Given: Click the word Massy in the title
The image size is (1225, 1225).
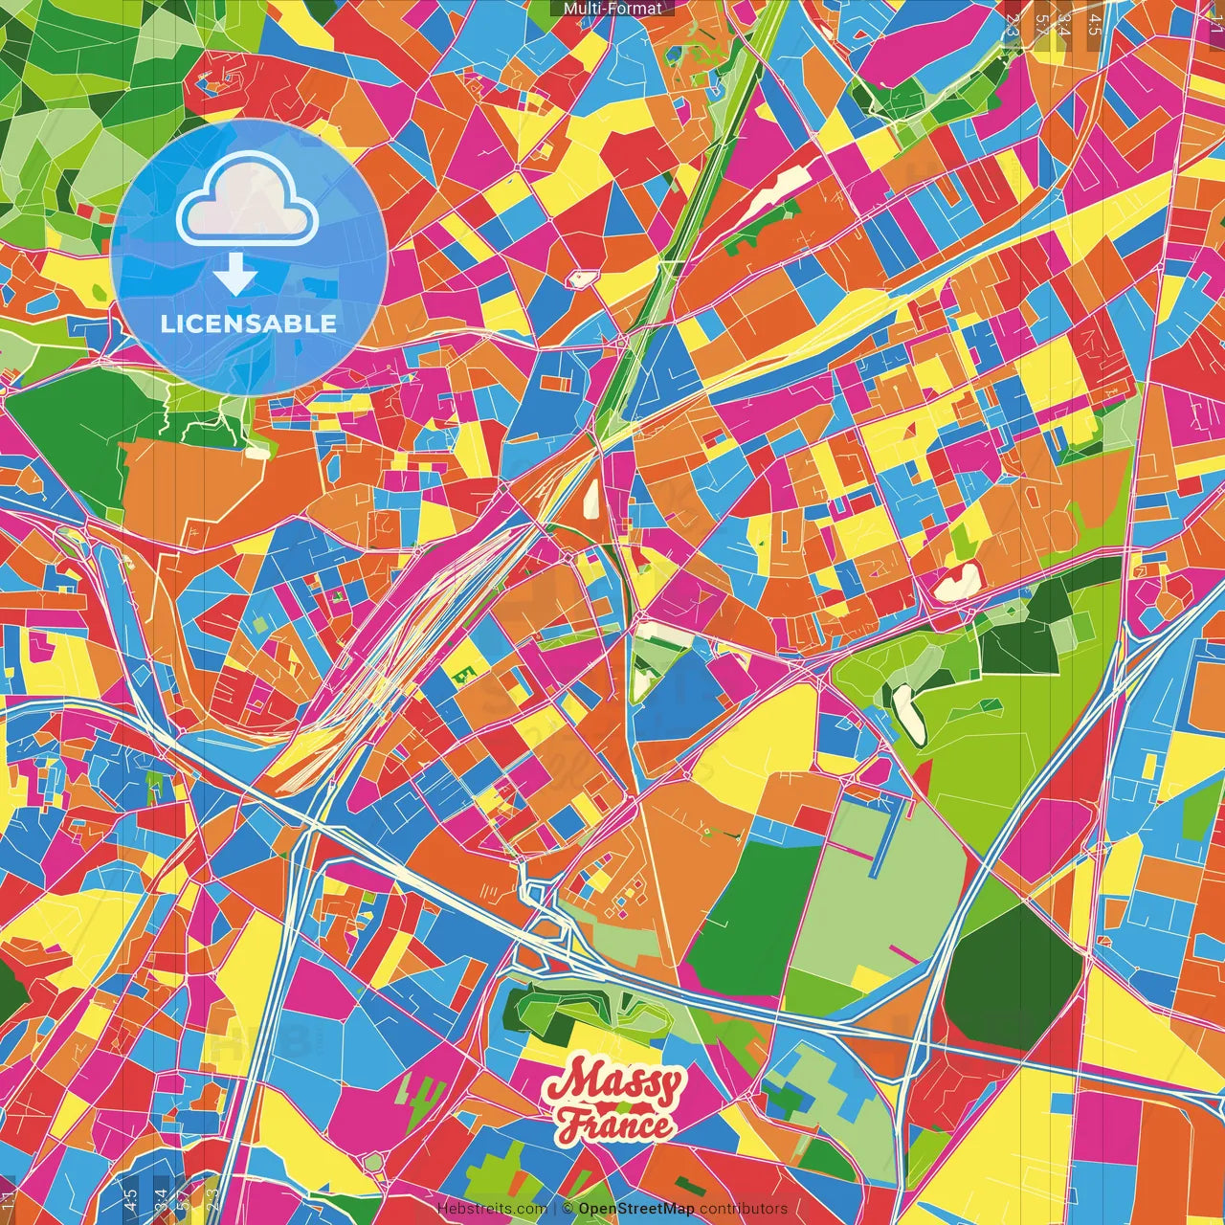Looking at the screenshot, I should click(x=613, y=1085).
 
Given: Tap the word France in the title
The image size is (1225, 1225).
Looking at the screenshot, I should click(x=616, y=1125).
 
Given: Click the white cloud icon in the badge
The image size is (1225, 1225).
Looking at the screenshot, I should click(x=248, y=203).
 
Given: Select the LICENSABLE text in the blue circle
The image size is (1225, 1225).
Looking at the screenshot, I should click(x=249, y=323).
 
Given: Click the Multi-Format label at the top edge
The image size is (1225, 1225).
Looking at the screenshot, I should click(x=612, y=9).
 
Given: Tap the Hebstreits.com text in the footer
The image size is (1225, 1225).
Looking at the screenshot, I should click(x=492, y=1209).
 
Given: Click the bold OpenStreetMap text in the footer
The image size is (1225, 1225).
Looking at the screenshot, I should click(x=636, y=1209).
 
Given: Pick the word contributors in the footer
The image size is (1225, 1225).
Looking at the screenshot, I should click(x=744, y=1209).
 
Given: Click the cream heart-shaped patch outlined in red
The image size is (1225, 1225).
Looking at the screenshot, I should click(x=957, y=581).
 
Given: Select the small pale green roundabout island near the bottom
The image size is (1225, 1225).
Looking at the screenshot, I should click(x=374, y=1162).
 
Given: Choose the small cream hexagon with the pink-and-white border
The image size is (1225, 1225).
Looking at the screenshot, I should click(x=582, y=278).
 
